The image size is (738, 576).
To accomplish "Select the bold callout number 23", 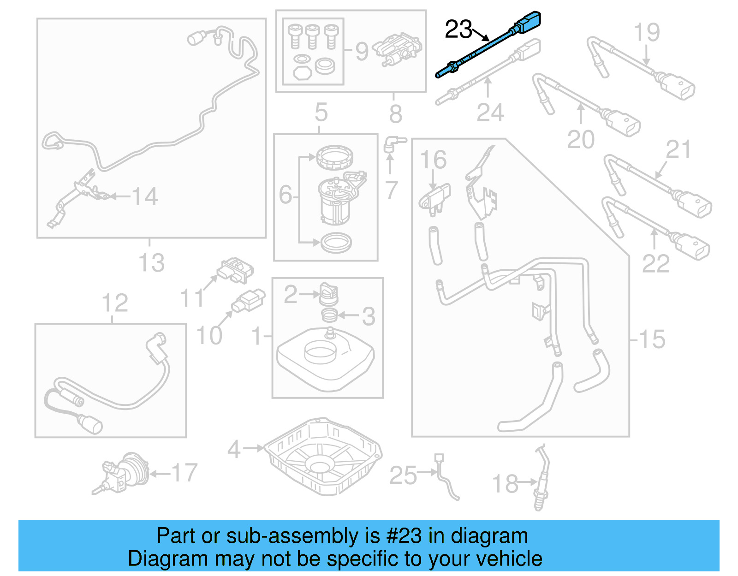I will (458, 30).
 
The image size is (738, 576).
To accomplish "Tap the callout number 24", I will (490, 113).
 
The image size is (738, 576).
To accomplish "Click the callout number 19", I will (646, 32).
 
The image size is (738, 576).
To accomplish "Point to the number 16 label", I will (433, 160).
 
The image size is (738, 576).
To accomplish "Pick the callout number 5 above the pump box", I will (321, 112).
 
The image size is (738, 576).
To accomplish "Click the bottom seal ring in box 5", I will (336, 243).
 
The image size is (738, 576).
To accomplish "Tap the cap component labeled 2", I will (329, 293).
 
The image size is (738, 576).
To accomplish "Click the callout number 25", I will (403, 475).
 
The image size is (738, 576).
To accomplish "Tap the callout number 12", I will (114, 303).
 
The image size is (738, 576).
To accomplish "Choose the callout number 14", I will (145, 196).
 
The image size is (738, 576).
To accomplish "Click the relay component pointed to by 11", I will (236, 270).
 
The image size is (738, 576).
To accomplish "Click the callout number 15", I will (652, 339).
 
